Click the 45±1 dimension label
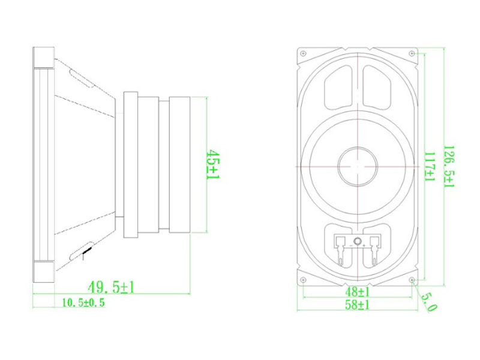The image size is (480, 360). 214,164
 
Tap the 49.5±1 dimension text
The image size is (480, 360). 111,287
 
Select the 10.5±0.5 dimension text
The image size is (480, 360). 83,303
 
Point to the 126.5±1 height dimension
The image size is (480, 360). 449,166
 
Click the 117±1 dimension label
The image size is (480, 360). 430,167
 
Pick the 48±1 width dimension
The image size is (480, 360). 357,292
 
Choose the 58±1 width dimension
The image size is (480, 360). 357,305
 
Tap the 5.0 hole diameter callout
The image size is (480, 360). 429,302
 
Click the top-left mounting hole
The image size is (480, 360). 303,53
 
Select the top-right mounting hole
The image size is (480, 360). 412,53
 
